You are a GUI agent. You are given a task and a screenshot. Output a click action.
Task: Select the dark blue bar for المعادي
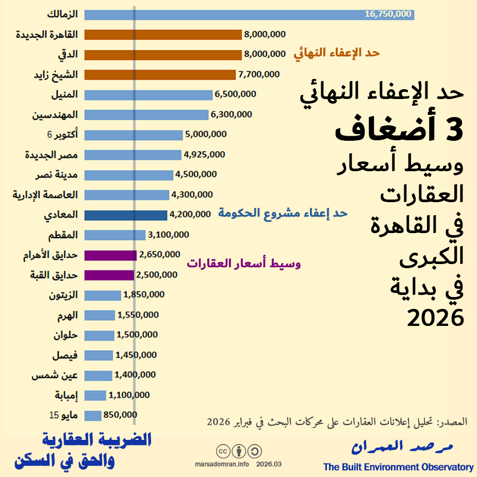coord(125,215)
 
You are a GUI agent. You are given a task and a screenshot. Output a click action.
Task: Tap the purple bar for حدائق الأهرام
coord(110,255)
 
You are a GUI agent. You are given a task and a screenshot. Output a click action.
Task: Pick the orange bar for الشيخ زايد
coord(160,75)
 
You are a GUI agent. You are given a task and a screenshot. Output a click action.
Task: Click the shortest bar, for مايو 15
coord(93,415)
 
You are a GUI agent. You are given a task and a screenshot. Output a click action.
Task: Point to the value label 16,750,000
coord(388,14)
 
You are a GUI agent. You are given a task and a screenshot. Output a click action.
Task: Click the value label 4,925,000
coord(204,154)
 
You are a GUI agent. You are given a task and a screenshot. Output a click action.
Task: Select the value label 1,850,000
coord(143,295)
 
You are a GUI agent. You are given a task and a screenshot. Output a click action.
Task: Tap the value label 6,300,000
coord(231,114)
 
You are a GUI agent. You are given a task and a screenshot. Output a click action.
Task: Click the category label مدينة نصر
coord(57,175)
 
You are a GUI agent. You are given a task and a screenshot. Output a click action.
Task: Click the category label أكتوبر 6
coord(62,135)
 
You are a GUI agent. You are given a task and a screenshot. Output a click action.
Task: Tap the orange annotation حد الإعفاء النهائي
coord(337,53)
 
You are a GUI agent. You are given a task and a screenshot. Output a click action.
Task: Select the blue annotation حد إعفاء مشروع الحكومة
coord(283,213)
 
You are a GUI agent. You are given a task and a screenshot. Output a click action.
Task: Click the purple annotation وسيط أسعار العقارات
coord(243,264)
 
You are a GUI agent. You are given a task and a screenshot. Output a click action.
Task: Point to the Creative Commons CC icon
coord(223,452)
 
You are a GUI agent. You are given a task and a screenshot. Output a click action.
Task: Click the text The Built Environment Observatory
coord(398,467)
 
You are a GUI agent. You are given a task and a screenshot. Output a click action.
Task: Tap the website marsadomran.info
coord(222,464)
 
